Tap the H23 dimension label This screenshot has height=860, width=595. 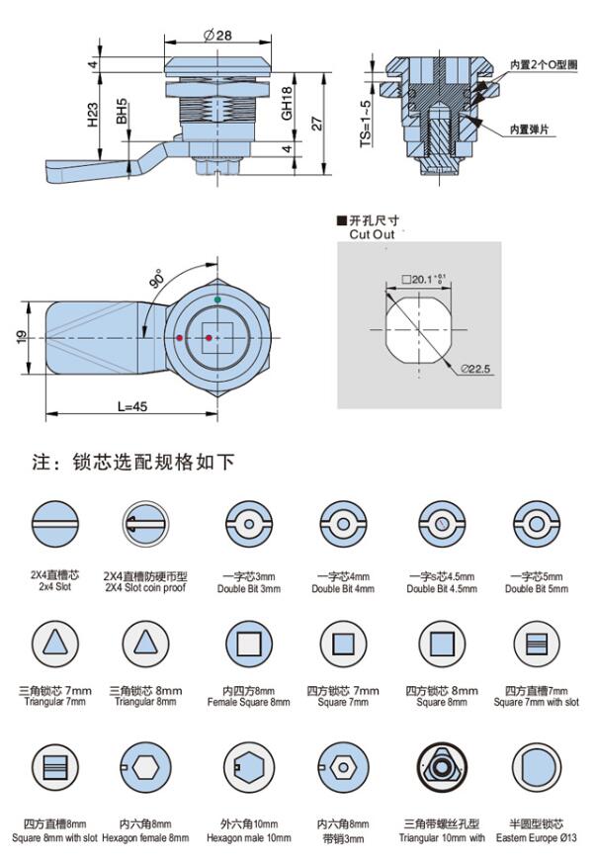(x=92, y=117)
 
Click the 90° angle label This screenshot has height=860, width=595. (x=156, y=280)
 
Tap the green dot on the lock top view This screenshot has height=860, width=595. (x=217, y=300)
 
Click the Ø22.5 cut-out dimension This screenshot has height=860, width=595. (x=474, y=369)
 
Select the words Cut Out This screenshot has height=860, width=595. (x=372, y=234)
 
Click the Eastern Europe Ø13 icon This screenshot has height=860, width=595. (x=538, y=767)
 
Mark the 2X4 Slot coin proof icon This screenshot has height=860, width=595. (x=146, y=522)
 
